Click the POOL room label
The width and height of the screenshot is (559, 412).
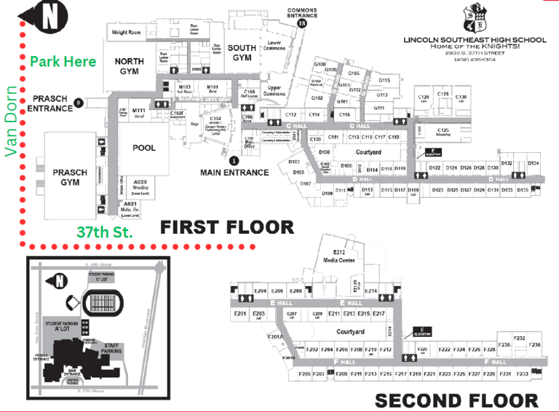tap(144, 148)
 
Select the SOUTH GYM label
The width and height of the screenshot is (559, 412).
tap(242, 52)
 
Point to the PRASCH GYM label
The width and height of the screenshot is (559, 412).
tap(70, 177)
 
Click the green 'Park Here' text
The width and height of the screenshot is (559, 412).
tap(63, 61)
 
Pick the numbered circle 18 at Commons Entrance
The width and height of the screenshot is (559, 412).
tap(302, 24)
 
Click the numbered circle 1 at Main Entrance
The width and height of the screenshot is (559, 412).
tap(234, 160)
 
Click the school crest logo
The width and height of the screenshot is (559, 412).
tap(477, 16)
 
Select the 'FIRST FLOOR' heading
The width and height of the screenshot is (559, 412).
tap(227, 227)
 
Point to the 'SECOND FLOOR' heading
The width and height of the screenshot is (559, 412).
tap(456, 400)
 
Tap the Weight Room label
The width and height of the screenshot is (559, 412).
tap(126, 33)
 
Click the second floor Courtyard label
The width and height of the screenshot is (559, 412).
tap(349, 332)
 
